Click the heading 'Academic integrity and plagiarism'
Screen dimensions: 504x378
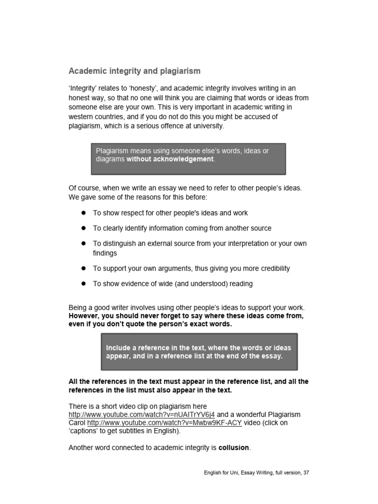134,71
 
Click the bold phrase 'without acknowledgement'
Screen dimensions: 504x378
170,159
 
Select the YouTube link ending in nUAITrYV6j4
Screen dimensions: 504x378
142,414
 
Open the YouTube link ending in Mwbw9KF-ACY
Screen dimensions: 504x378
164,423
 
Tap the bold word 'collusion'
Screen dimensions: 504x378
234,447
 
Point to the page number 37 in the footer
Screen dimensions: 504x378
306,473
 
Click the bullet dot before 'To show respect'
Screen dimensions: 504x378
84,213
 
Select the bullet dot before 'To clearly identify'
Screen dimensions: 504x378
84,228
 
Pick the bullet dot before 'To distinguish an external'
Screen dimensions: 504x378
84,243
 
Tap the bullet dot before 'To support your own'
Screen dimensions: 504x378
84,268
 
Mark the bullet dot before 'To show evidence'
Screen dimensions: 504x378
84,283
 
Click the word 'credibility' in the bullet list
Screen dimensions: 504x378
272,268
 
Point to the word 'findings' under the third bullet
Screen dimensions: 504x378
105,253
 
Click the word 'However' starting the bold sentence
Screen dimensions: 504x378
83,315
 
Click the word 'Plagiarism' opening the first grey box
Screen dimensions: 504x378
112,151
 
